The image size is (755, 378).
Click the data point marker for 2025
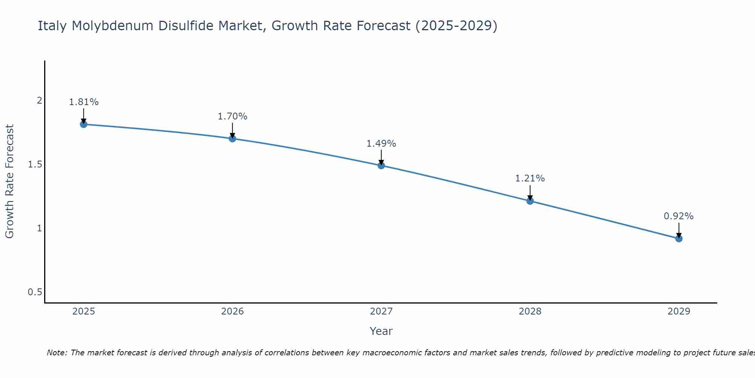pyautogui.click(x=83, y=124)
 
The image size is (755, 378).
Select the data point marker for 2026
pyautogui.click(x=232, y=139)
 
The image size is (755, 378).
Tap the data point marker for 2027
pyautogui.click(x=381, y=166)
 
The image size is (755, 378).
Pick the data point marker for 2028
pyautogui.click(x=530, y=201)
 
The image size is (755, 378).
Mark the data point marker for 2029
pyautogui.click(x=679, y=239)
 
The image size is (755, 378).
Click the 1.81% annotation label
pyautogui.click(x=83, y=102)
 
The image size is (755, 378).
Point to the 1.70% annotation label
pyautogui.click(x=232, y=116)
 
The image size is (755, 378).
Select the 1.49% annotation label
pyautogui.click(x=381, y=144)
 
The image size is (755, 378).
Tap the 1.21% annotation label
pyautogui.click(x=530, y=178)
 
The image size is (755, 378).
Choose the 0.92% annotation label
pyautogui.click(x=679, y=216)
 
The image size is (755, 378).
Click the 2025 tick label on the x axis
pyautogui.click(x=83, y=311)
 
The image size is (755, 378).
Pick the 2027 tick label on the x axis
pyautogui.click(x=381, y=311)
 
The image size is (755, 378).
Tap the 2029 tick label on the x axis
pyautogui.click(x=679, y=311)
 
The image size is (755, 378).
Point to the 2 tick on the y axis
pyautogui.click(x=39, y=101)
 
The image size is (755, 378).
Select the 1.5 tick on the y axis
pyautogui.click(x=35, y=164)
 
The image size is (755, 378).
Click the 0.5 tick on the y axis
pyautogui.click(x=35, y=292)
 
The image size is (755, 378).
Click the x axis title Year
pyautogui.click(x=381, y=331)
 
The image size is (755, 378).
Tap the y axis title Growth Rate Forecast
pyautogui.click(x=10, y=181)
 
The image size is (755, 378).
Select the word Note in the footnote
pyautogui.click(x=56, y=353)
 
